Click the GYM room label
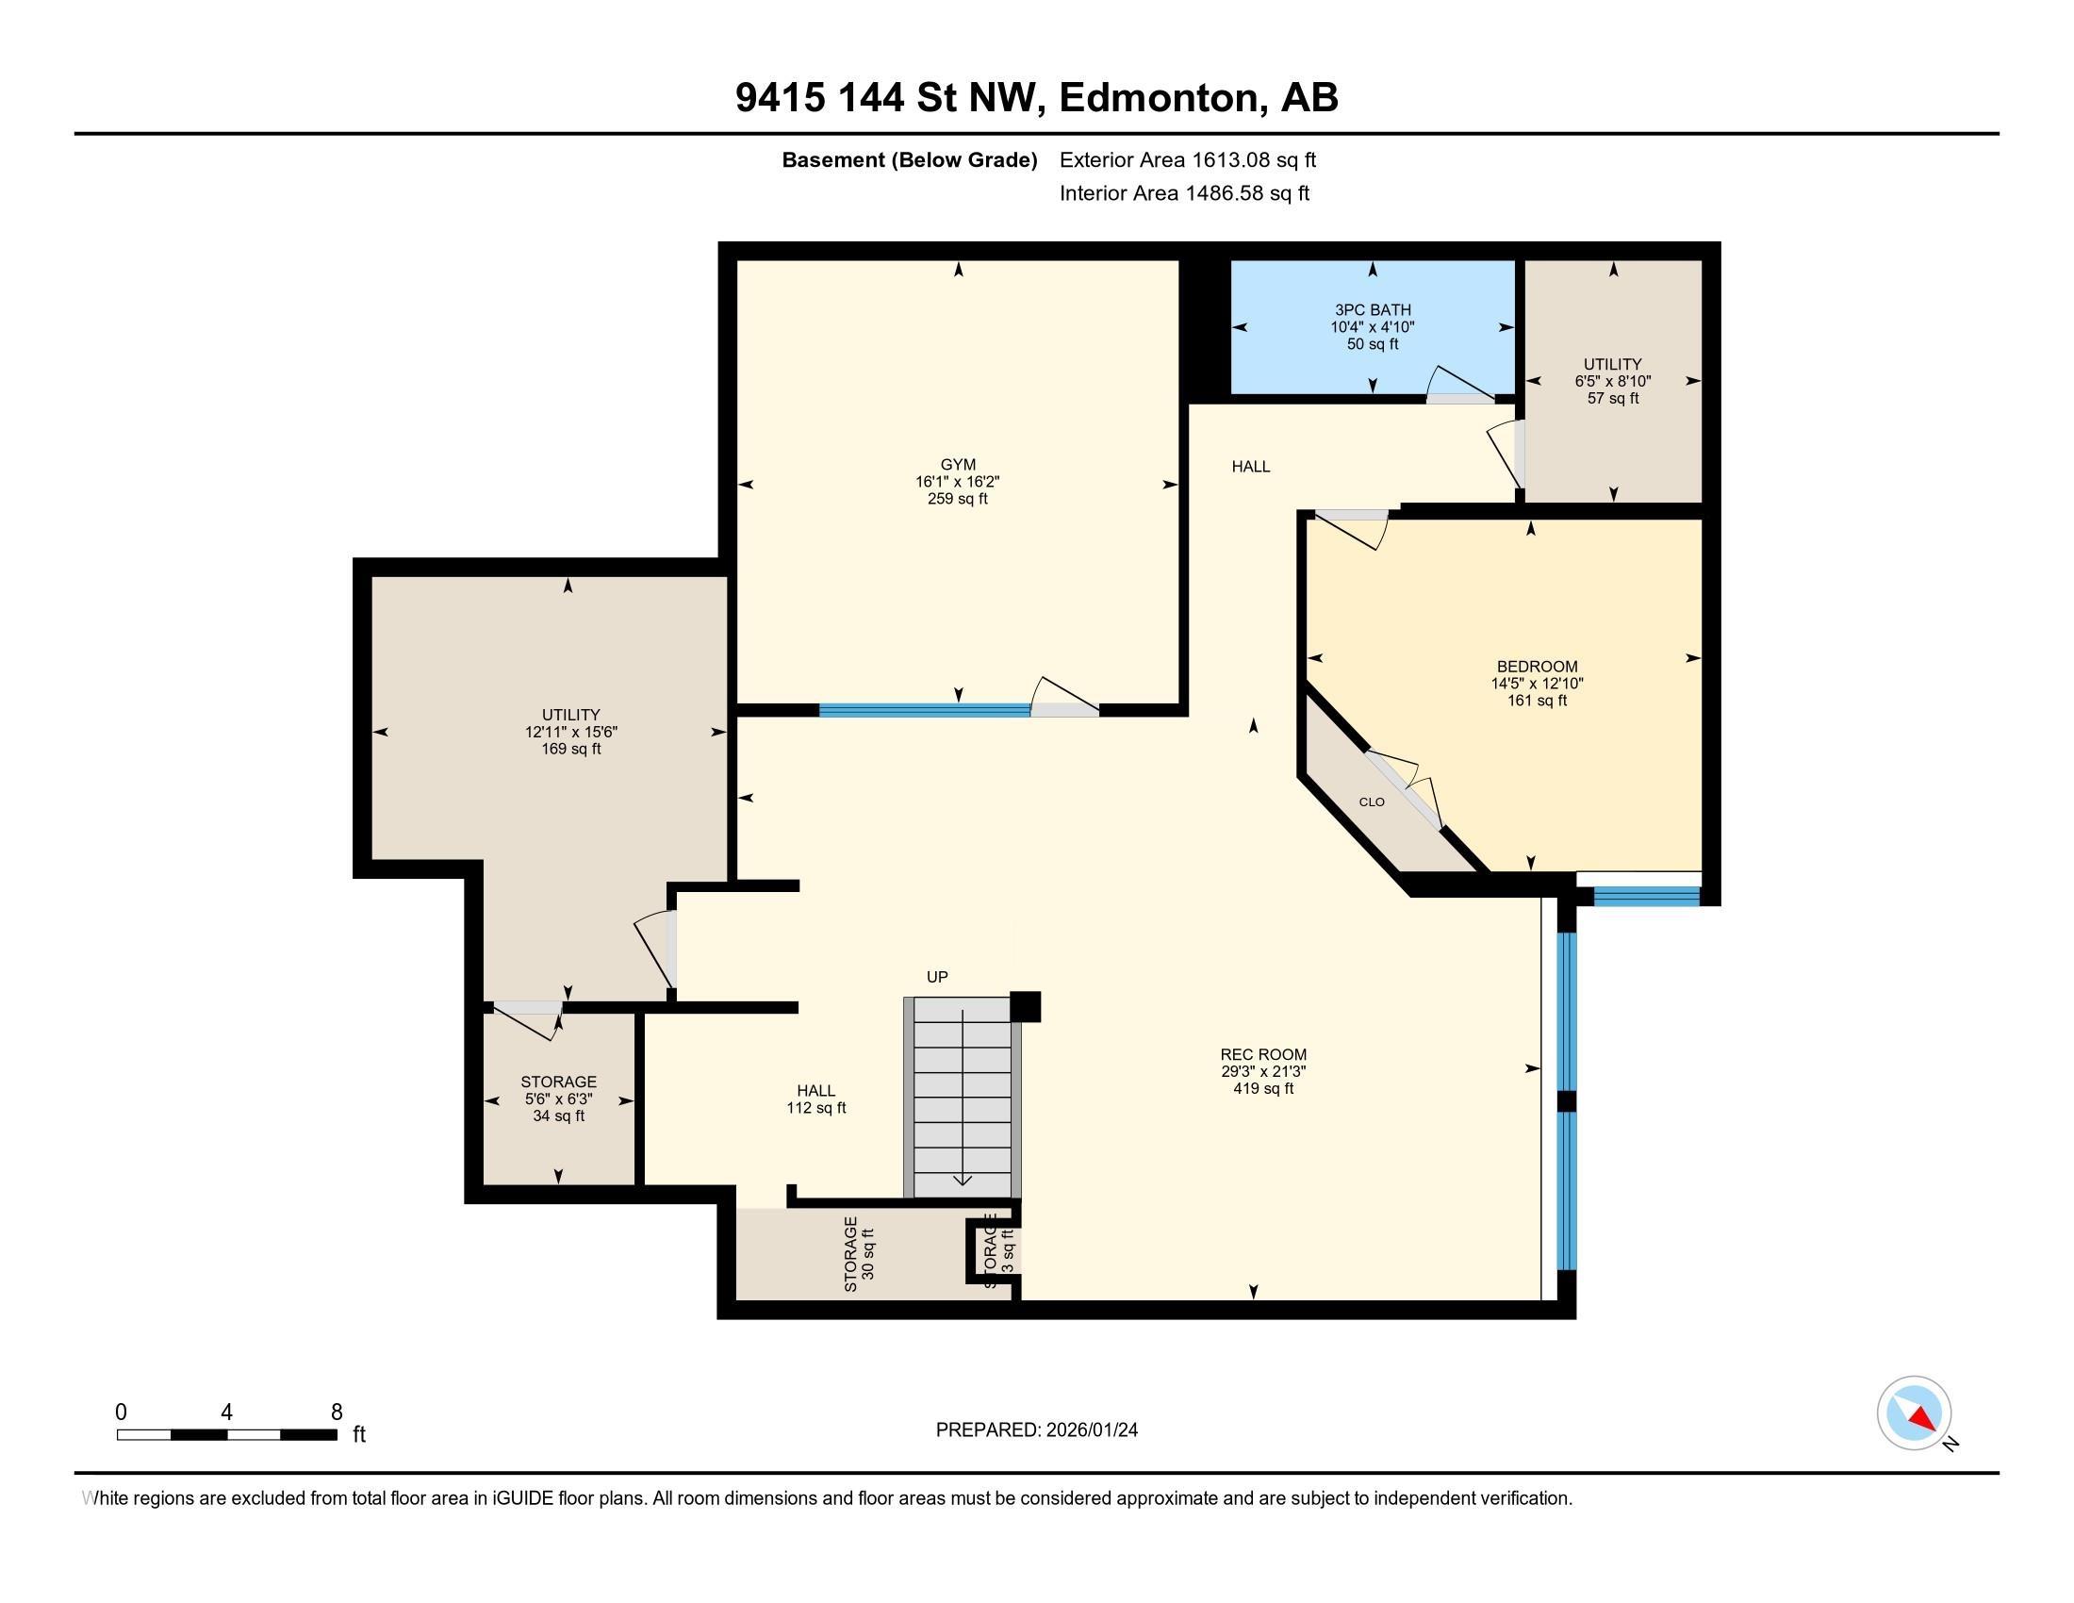(x=957, y=464)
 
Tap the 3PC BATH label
(x=1373, y=309)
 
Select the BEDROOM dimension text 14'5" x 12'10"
(x=1537, y=684)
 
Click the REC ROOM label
(x=1263, y=1054)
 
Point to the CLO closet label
(x=1372, y=801)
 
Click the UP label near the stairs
(x=936, y=977)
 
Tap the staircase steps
(x=962, y=1097)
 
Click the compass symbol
(x=1914, y=1413)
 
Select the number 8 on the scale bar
(x=337, y=1413)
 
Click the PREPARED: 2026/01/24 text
(x=1036, y=1430)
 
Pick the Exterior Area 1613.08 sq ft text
(x=1187, y=159)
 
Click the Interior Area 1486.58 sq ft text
(x=1184, y=193)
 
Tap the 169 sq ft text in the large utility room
(x=570, y=749)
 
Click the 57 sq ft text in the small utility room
(x=1612, y=398)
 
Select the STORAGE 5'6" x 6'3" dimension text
(x=558, y=1099)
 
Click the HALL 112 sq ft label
(x=815, y=1099)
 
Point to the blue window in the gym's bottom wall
(x=924, y=709)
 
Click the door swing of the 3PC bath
(x=1457, y=384)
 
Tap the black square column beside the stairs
(x=1025, y=1007)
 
